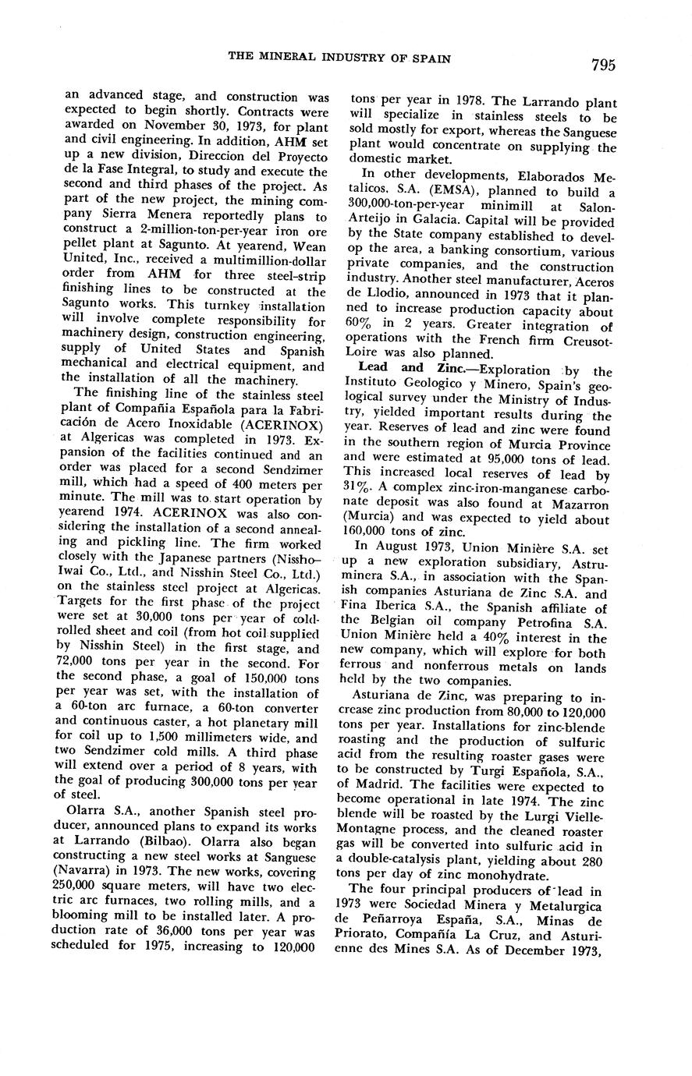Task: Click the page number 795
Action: [602, 65]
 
